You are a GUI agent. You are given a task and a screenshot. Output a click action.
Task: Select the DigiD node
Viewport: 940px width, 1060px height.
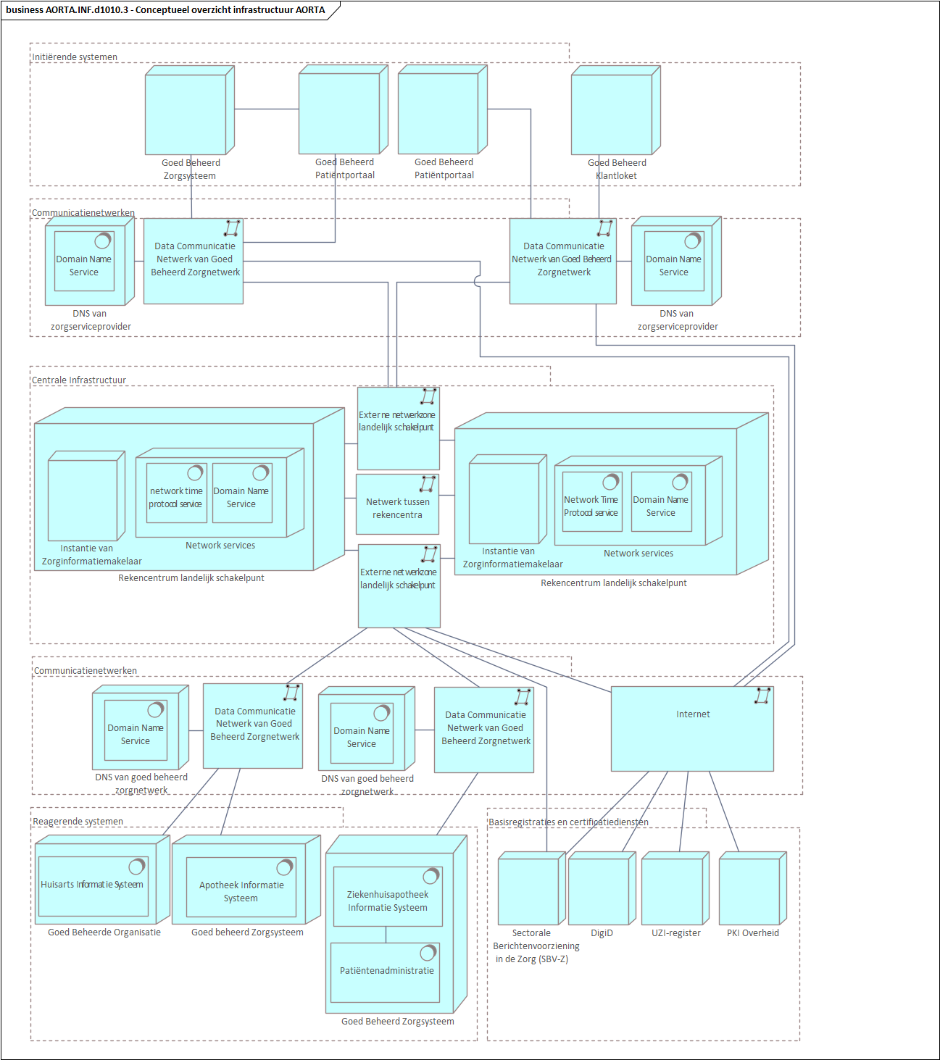pyautogui.click(x=600, y=890)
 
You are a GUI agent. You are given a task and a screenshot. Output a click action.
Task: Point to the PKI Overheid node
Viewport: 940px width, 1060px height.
pyautogui.click(x=751, y=890)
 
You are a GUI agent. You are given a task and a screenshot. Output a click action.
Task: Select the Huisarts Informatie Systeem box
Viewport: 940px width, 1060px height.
pyautogui.click(x=93, y=886)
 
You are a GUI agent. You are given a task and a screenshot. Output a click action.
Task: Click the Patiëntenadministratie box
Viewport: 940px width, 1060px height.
pyautogui.click(x=386, y=972)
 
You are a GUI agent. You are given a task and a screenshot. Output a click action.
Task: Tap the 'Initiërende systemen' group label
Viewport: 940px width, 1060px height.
pyautogui.click(x=75, y=57)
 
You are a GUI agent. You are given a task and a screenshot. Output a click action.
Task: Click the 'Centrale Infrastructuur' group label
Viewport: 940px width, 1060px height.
pyautogui.click(x=79, y=380)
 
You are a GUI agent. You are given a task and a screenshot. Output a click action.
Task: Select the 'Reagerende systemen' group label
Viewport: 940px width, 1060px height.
pyautogui.click(x=78, y=822)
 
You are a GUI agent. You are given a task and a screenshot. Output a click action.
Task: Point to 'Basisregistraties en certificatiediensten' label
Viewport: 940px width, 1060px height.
pyautogui.click(x=569, y=822)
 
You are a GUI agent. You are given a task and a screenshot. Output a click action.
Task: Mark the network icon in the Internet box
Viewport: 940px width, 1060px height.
pyautogui.click(x=762, y=696)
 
